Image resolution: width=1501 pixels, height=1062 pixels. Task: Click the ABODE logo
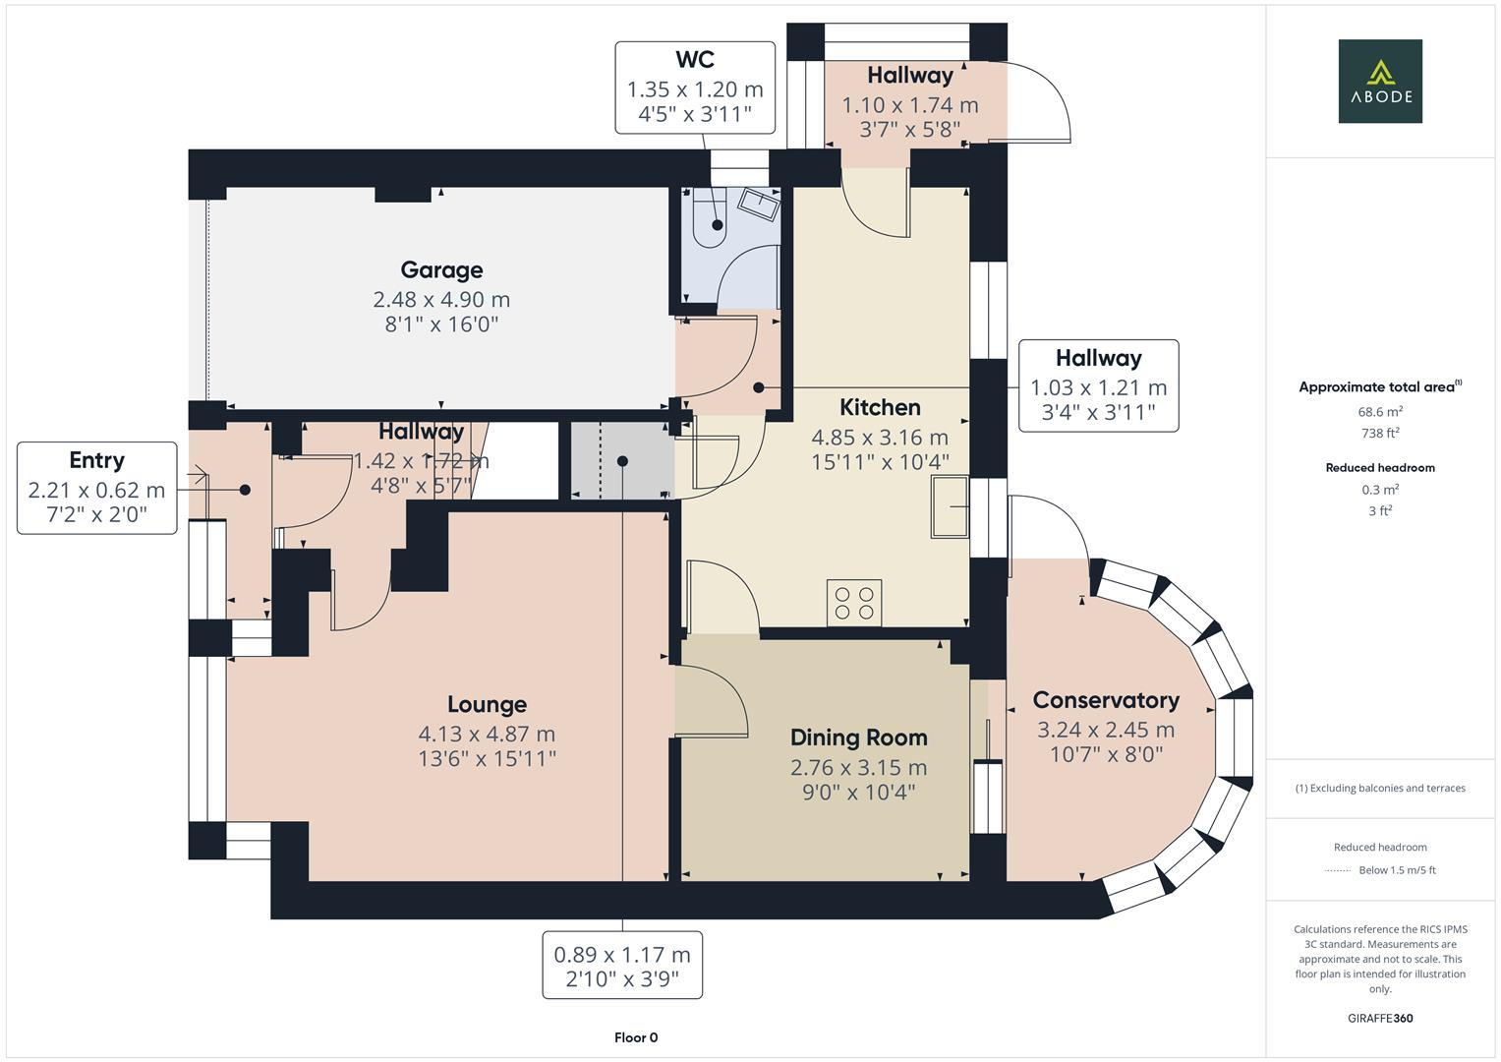click(x=1379, y=82)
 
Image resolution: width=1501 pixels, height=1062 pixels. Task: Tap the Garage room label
click(x=441, y=270)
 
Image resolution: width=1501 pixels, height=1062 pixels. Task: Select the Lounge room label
click(x=487, y=705)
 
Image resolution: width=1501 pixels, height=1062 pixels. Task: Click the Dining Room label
click(x=858, y=738)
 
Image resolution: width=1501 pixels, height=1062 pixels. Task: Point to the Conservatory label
click(x=1105, y=701)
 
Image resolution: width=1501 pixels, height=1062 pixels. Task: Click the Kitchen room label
click(x=880, y=408)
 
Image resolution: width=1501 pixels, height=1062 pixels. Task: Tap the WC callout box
click(x=694, y=88)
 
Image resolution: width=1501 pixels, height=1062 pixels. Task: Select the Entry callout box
click(x=96, y=488)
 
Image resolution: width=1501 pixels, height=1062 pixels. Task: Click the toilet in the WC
click(x=709, y=222)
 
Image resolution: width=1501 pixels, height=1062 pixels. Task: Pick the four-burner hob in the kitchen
click(x=854, y=602)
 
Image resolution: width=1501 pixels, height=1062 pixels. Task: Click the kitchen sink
click(x=950, y=507)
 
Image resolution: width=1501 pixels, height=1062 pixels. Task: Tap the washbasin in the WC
click(x=759, y=204)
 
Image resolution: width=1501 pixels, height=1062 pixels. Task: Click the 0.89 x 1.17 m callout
click(x=621, y=965)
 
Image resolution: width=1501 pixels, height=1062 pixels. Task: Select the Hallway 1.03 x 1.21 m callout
click(x=1098, y=385)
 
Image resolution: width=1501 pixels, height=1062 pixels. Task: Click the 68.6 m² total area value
click(x=1380, y=412)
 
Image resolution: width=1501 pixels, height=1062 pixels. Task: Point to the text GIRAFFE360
click(x=1379, y=1019)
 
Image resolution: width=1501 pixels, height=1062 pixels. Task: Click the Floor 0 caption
click(x=635, y=1037)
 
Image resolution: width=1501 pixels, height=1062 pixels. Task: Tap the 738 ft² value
click(x=1380, y=433)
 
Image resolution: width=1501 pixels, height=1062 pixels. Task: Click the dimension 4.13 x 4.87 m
click(x=487, y=735)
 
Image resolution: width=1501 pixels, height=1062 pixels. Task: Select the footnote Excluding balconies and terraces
click(x=1380, y=788)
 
